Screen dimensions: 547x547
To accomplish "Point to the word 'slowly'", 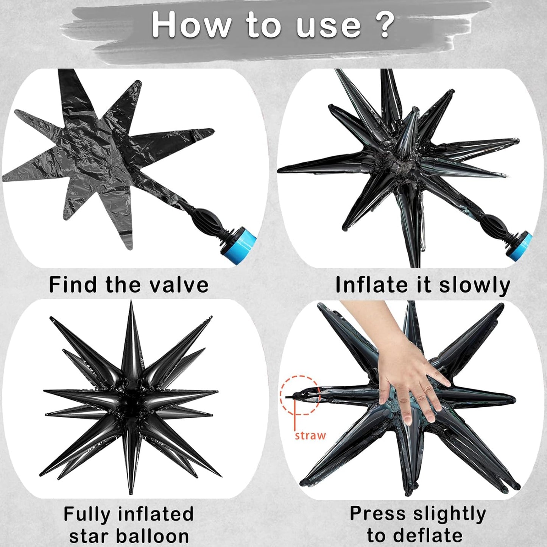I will [475, 285].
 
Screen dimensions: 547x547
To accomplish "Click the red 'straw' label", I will [310, 435].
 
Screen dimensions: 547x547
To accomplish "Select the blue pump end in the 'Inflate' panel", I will [519, 246].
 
